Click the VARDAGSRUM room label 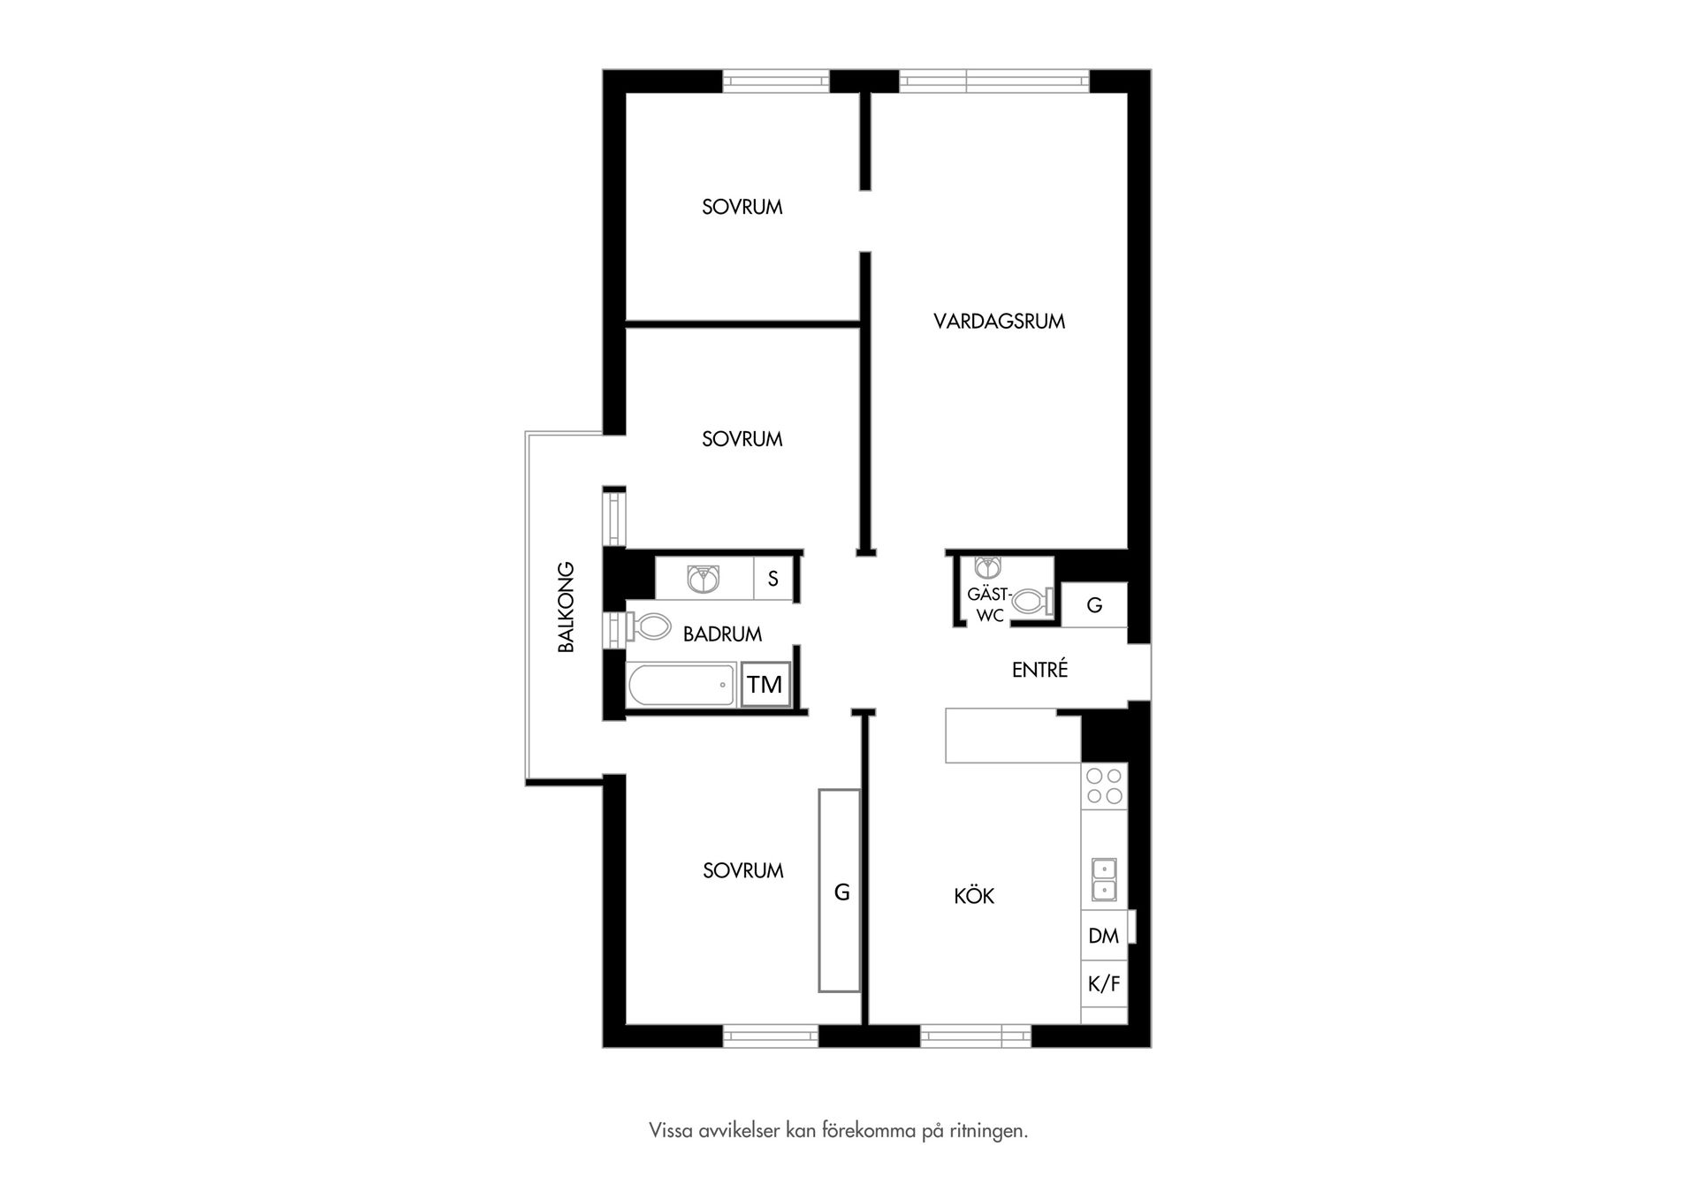click(999, 322)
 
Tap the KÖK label click(974, 895)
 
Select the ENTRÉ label click(1039, 669)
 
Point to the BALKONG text click(566, 607)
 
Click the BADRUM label click(722, 634)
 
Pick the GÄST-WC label click(989, 605)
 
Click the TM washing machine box click(765, 685)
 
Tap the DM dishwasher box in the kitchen click(1104, 936)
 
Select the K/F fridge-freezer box click(1104, 983)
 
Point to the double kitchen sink click(1104, 879)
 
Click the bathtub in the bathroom click(681, 685)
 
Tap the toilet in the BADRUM click(650, 627)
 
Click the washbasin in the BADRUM click(704, 579)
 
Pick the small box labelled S click(773, 579)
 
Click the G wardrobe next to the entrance click(1094, 605)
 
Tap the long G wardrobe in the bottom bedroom click(840, 891)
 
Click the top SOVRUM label click(742, 207)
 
